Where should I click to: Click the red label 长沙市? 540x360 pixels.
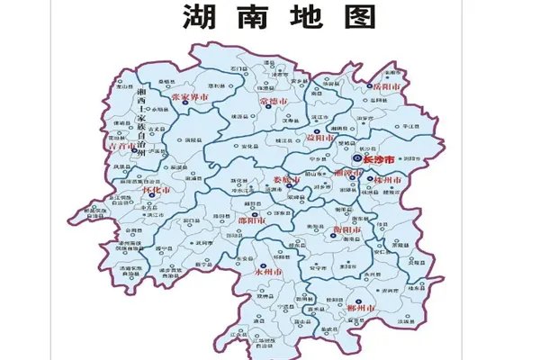(x=378, y=159)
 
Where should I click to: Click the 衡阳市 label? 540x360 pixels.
(x=346, y=230)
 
